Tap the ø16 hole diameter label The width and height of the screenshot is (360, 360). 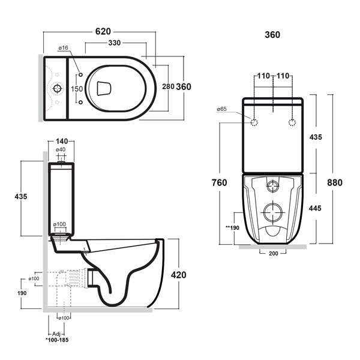62,48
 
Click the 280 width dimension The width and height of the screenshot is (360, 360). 169,87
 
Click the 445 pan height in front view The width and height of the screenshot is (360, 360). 316,208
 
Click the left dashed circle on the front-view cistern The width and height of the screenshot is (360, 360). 254,123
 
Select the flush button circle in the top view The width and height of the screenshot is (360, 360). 58,89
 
